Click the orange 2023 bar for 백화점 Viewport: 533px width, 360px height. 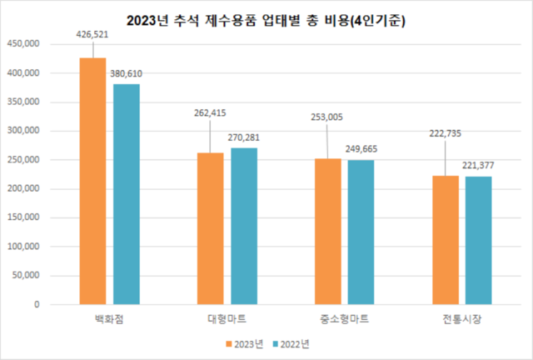pyautogui.click(x=92, y=181)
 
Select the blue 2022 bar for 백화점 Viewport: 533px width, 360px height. pyautogui.click(x=127, y=194)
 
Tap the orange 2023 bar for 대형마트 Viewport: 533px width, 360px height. pyautogui.click(x=210, y=228)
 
